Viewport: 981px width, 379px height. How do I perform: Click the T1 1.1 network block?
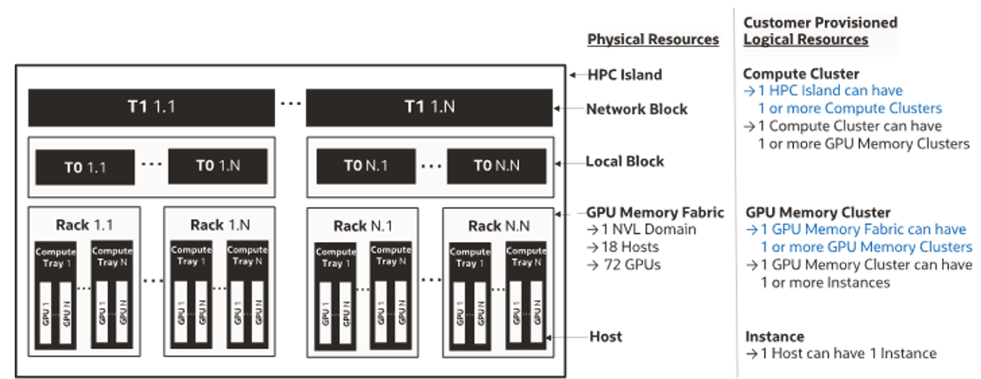coord(152,108)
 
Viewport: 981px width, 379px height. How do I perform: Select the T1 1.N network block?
coord(429,108)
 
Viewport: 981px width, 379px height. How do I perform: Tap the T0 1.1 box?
coord(85,167)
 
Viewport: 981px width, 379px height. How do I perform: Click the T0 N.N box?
coord(497,167)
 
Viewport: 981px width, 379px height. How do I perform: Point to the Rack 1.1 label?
coord(85,225)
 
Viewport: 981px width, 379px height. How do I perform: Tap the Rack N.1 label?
coord(361,225)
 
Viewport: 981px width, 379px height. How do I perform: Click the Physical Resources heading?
coord(653,39)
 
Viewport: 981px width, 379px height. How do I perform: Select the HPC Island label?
coord(624,75)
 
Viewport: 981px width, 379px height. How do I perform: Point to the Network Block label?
coord(637,109)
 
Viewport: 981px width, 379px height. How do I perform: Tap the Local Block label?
coord(625,161)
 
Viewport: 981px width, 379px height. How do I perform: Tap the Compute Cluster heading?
coord(801,75)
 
